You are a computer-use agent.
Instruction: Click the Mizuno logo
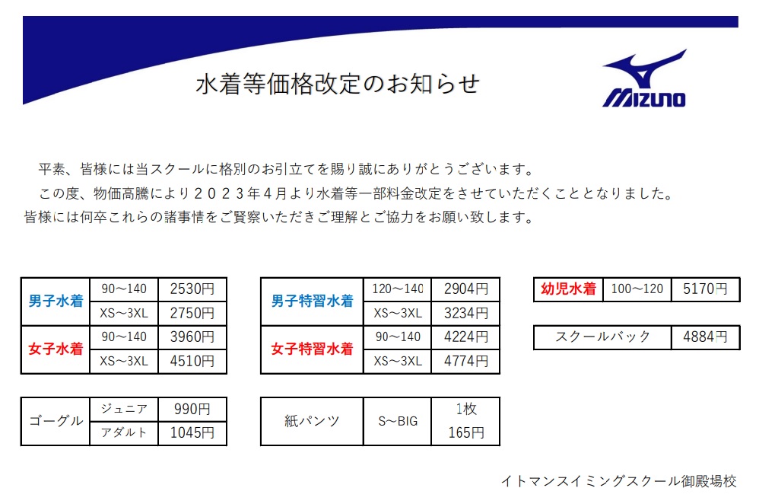click(x=645, y=78)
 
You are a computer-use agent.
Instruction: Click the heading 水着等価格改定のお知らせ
click(x=338, y=84)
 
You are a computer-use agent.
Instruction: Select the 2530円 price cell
click(x=192, y=289)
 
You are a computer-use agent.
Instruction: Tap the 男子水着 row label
click(x=56, y=301)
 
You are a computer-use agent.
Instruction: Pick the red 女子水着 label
click(x=56, y=349)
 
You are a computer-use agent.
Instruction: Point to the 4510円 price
click(x=192, y=361)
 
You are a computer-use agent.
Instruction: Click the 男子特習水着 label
click(x=313, y=301)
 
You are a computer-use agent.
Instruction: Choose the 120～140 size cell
click(x=398, y=289)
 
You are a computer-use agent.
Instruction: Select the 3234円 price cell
click(x=465, y=314)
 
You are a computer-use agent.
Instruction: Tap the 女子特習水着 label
click(x=313, y=349)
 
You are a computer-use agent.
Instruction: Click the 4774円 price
click(x=465, y=361)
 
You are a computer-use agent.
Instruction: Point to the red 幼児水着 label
click(x=568, y=289)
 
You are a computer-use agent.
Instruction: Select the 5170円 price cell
click(x=705, y=289)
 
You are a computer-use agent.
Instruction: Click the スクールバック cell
click(x=602, y=337)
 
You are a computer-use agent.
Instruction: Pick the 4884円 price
click(x=705, y=337)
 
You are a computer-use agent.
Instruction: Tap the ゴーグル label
click(x=56, y=421)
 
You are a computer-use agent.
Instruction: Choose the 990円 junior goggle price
click(x=192, y=410)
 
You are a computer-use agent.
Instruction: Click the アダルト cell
click(x=124, y=432)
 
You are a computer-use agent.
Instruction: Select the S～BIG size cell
click(x=398, y=421)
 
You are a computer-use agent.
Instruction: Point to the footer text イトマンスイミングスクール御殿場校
click(x=618, y=481)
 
